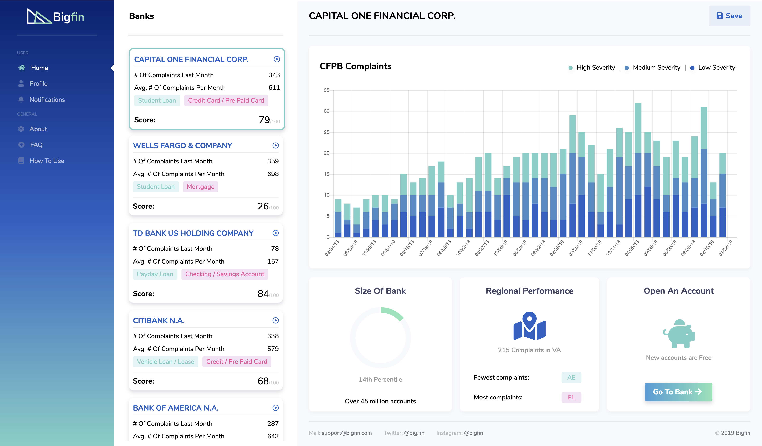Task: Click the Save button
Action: tap(729, 16)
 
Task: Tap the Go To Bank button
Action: tap(678, 392)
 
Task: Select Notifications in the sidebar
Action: tap(47, 100)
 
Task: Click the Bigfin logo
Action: tap(56, 17)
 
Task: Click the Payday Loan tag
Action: tap(155, 274)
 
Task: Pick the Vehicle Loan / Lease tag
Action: tap(165, 362)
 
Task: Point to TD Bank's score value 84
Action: tap(263, 293)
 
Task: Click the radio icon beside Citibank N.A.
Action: tap(275, 320)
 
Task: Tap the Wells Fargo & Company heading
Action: tap(182, 146)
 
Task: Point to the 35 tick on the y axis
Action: tap(327, 90)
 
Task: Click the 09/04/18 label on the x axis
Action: tap(332, 248)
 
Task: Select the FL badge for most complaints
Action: tap(571, 397)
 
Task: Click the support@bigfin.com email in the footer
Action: tap(346, 433)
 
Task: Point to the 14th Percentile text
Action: tap(380, 379)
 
